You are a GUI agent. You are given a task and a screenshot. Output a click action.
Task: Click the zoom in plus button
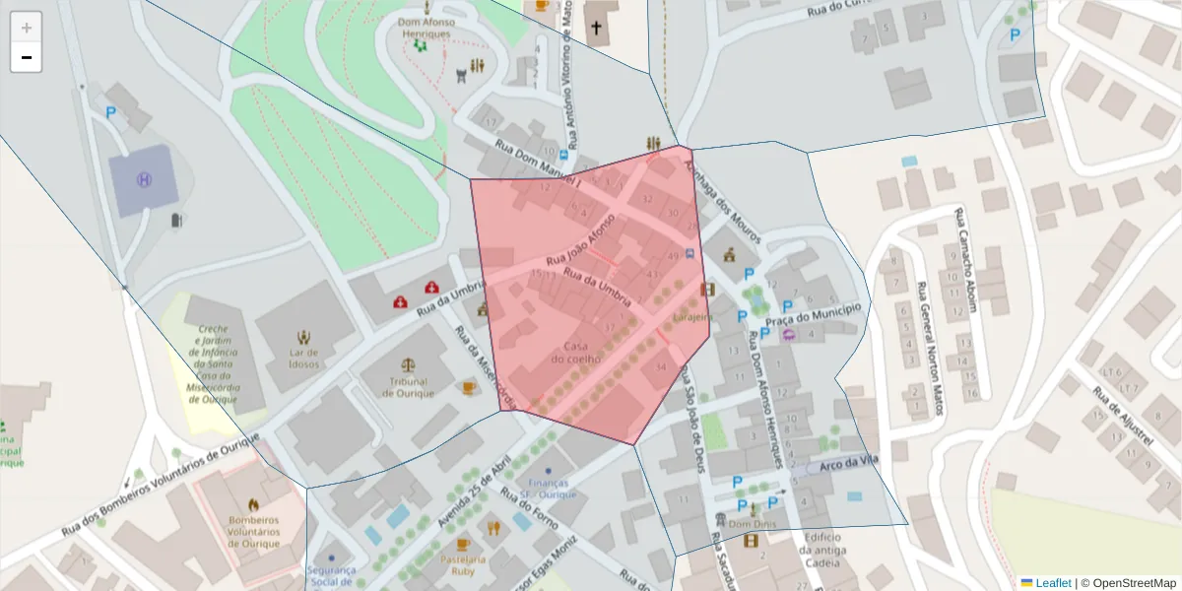[x=26, y=28]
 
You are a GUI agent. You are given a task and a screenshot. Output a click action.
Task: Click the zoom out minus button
[x=26, y=58]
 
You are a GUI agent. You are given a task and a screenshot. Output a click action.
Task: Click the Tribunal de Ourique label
[x=409, y=387]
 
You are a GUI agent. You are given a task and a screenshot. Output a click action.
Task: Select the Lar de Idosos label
[x=303, y=358]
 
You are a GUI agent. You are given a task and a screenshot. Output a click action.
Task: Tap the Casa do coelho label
[x=576, y=352]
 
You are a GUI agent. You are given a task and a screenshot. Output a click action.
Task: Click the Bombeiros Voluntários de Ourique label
[x=253, y=531]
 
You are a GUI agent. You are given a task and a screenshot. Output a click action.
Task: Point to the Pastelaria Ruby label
[x=463, y=563]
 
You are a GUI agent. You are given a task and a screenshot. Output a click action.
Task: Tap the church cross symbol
[x=595, y=28]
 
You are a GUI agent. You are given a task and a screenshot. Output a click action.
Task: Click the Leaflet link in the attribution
[x=1053, y=583]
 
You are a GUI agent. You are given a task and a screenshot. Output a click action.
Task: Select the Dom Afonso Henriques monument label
[x=425, y=28]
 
